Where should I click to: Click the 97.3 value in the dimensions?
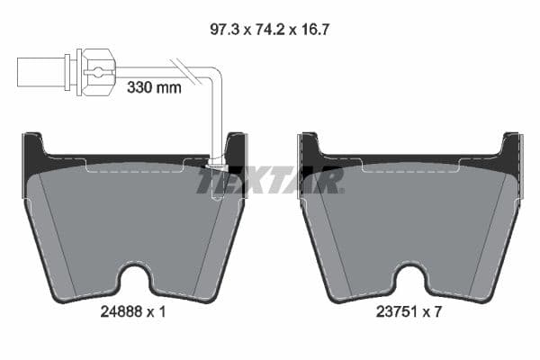click(x=221, y=30)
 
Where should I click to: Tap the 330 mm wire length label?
click(x=154, y=87)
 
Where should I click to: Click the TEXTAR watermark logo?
click(x=270, y=180)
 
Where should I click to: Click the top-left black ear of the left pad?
click(x=33, y=151)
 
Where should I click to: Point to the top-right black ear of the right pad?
click(x=511, y=151)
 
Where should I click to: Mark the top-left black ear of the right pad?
click(x=309, y=151)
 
